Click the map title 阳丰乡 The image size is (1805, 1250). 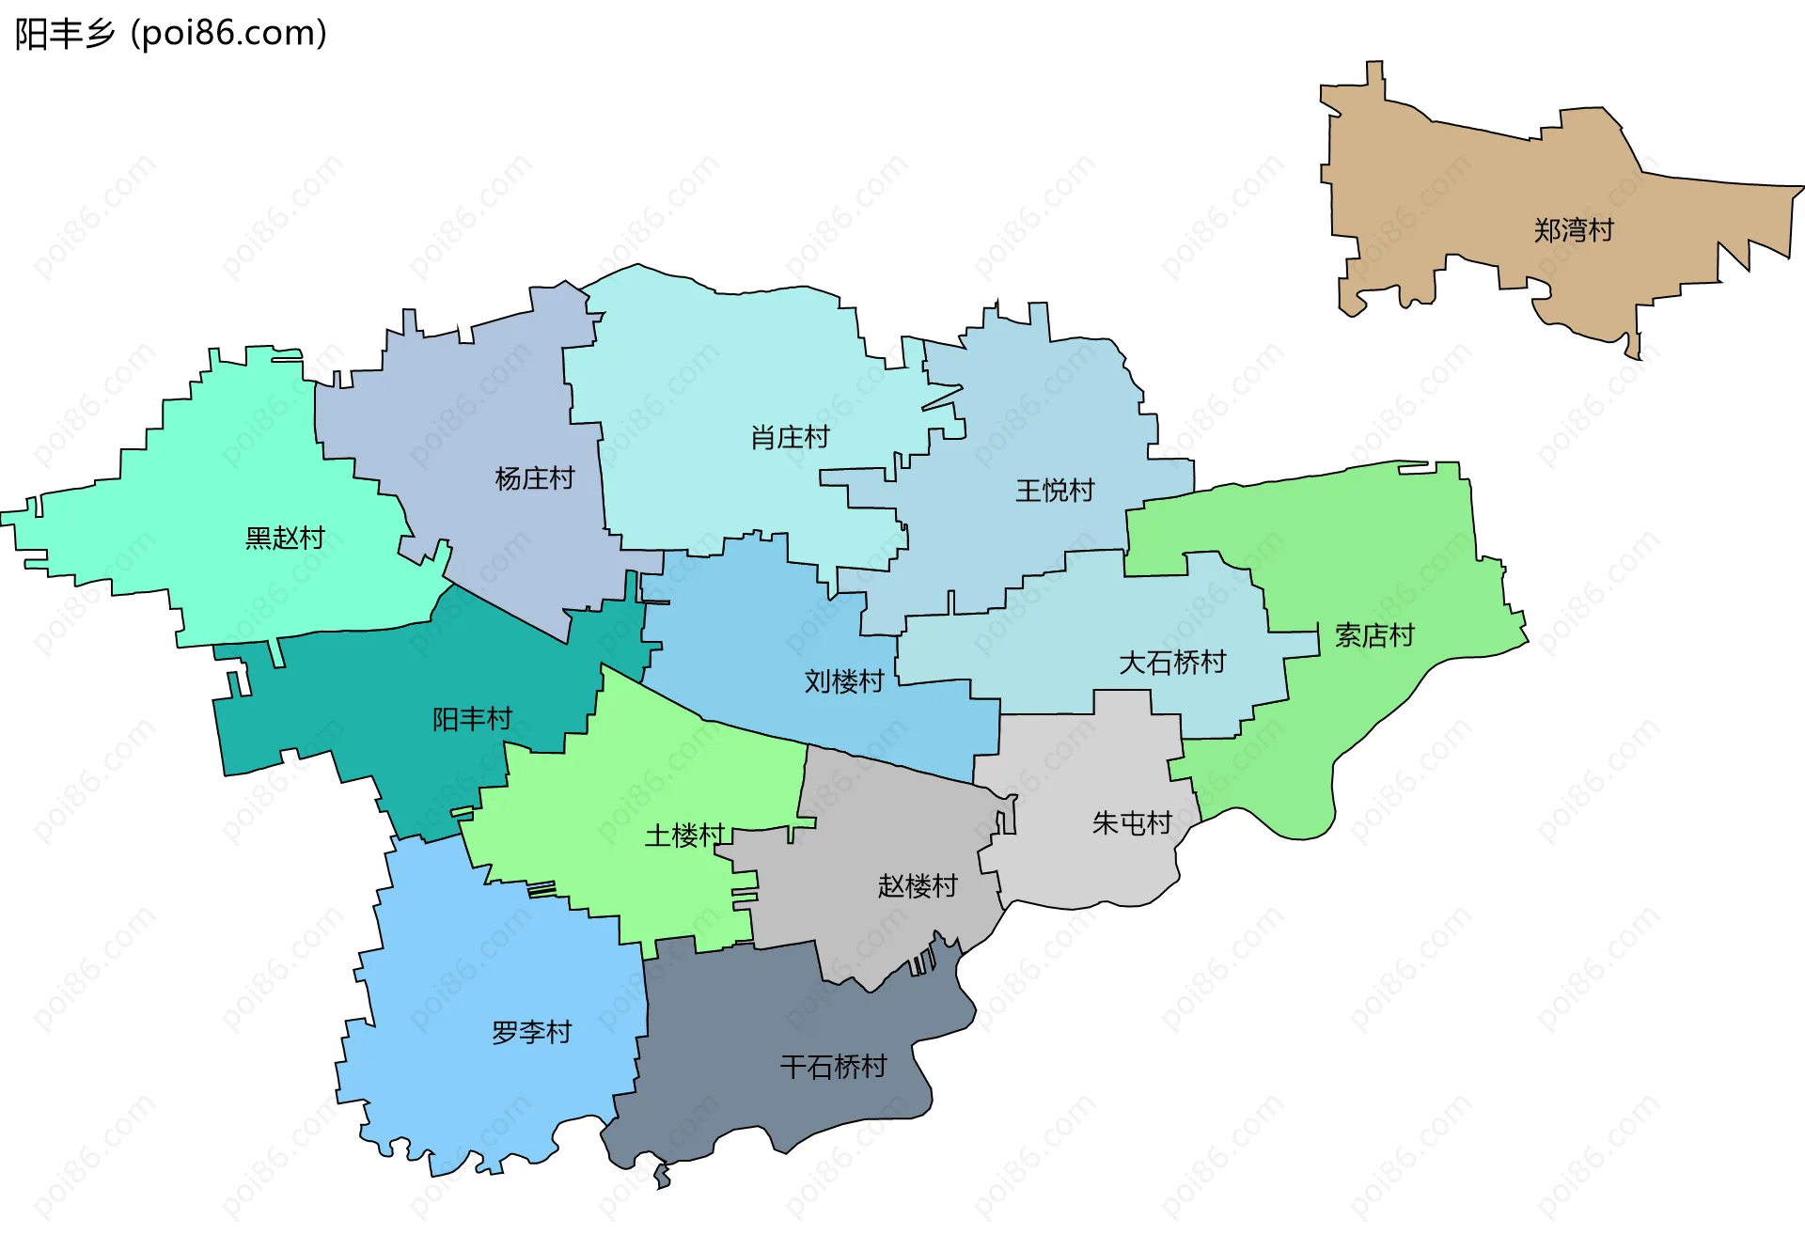tap(65, 34)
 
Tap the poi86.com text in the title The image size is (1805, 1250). tap(228, 34)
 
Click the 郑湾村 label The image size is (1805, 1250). tap(1573, 230)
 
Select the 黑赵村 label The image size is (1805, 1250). tap(285, 538)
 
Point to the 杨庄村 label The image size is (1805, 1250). tap(534, 478)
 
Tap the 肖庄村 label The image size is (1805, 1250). tap(790, 437)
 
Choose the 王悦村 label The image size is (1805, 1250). tap(1055, 491)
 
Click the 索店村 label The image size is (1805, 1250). tap(1374, 635)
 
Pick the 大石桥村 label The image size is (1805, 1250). tap(1172, 663)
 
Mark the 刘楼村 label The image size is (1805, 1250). tap(844, 681)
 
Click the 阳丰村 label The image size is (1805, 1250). tap(472, 719)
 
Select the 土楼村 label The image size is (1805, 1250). tap(684, 835)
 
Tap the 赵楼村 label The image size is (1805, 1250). tap(918, 885)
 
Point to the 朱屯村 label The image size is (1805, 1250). tap(1132, 823)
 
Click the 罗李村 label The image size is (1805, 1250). tap(532, 1032)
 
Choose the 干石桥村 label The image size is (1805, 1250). tap(834, 1067)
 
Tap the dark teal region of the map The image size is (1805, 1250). tap(376, 695)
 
